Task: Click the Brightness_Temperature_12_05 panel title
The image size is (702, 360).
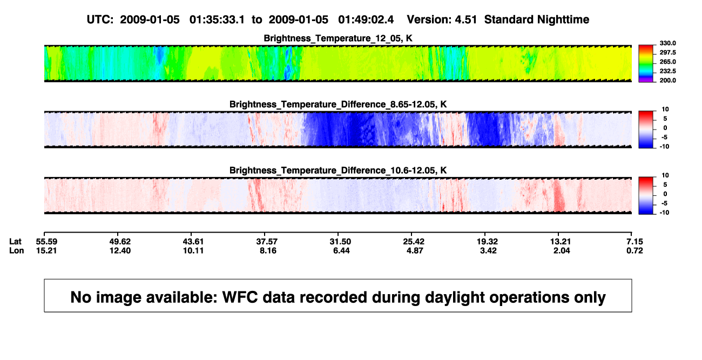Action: pos(338,38)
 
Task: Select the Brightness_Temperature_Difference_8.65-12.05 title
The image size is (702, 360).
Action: pos(338,104)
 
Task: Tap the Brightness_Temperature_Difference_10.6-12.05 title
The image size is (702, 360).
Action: pos(338,171)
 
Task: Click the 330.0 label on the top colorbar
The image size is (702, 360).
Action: pos(667,43)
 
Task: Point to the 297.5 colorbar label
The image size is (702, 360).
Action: pos(667,52)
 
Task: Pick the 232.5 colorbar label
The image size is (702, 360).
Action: pos(667,71)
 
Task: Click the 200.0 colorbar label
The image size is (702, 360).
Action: pos(667,80)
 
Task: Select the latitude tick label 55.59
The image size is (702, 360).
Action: pos(46,242)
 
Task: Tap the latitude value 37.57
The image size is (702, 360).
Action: pos(267,242)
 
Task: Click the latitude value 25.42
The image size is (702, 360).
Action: pos(414,242)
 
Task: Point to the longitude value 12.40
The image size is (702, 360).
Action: pos(120,250)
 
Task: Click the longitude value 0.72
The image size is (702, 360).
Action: pos(634,250)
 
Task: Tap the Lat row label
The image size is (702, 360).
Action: pos(15,242)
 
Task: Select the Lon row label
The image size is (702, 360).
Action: pos(17,250)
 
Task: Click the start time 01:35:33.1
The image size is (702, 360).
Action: pos(217,20)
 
